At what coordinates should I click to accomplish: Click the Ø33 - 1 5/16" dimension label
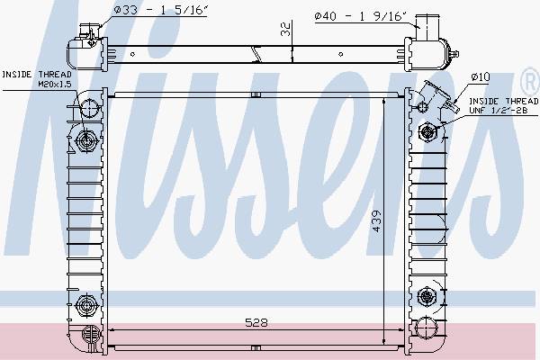(160, 10)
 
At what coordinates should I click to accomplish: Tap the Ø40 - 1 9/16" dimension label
(361, 16)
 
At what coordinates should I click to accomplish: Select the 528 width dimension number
(256, 322)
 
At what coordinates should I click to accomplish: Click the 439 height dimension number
(377, 221)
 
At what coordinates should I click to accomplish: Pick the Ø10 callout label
(481, 76)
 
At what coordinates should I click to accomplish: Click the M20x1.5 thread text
(54, 84)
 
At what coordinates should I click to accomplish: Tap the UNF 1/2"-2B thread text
(498, 110)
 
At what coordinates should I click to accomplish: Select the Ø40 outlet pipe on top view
(427, 27)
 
